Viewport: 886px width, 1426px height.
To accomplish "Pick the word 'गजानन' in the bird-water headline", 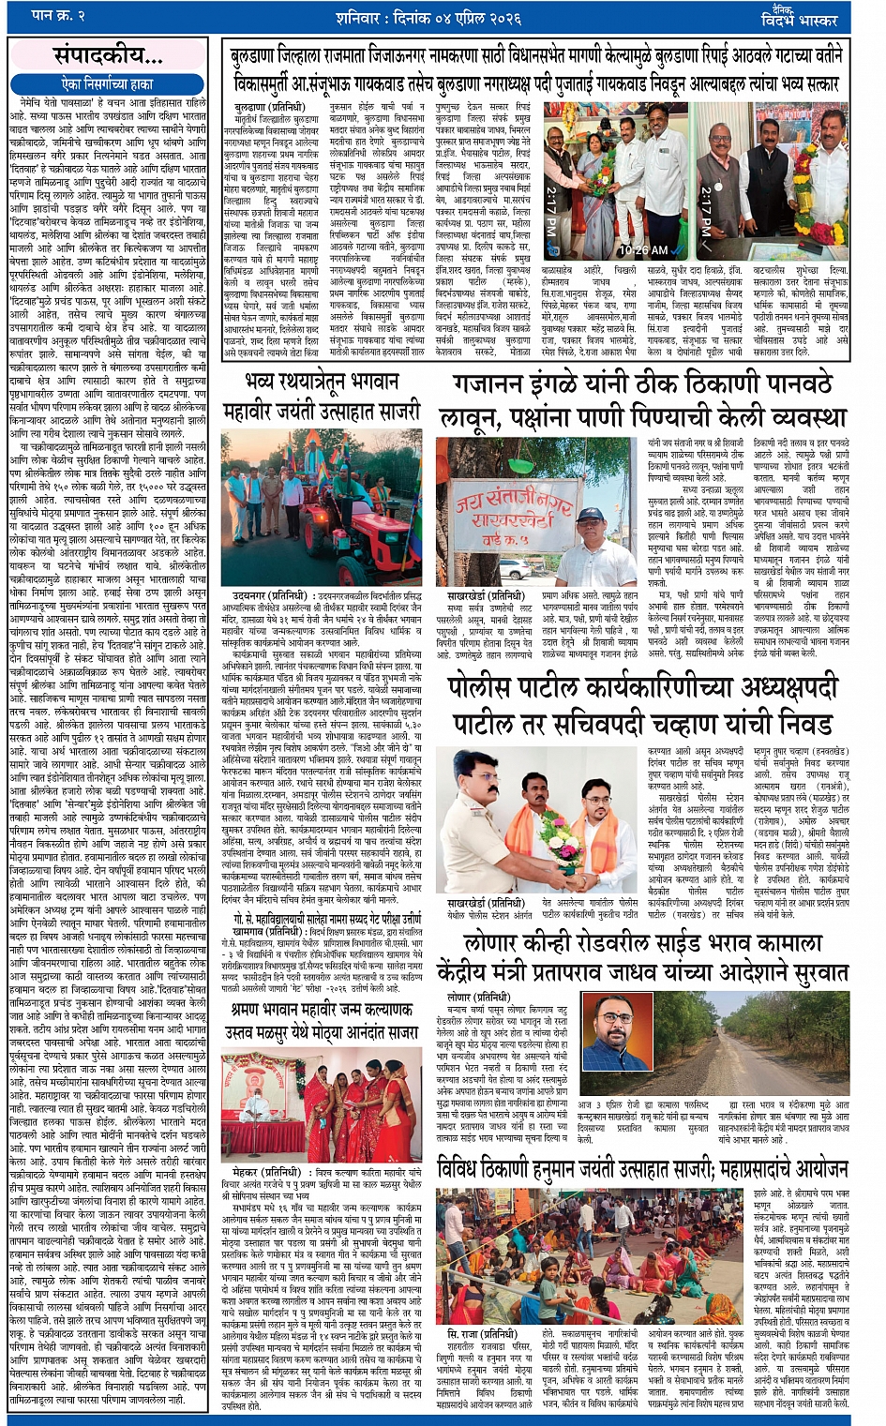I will coord(492,386).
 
